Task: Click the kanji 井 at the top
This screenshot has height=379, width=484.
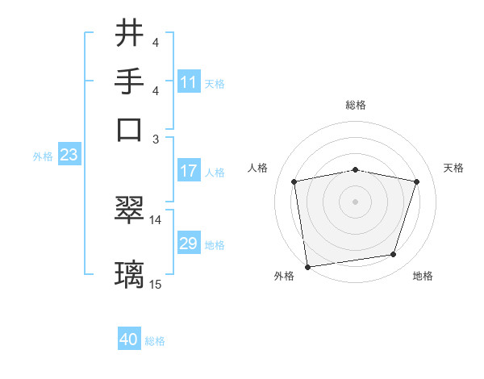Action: [130, 34]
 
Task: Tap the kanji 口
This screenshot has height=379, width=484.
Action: [130, 129]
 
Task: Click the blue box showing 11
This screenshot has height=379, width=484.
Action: [189, 82]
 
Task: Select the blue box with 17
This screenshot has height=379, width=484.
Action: [189, 171]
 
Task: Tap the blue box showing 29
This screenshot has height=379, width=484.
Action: [189, 244]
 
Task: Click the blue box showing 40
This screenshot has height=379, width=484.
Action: [129, 339]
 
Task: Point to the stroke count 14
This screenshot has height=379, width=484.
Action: [156, 219]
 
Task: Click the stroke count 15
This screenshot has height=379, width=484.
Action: [156, 284]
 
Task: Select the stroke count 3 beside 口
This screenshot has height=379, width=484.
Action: [156, 139]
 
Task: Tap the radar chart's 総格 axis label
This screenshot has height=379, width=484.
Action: [356, 105]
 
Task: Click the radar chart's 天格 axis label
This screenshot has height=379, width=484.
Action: [453, 168]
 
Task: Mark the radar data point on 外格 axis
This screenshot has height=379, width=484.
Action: [307, 266]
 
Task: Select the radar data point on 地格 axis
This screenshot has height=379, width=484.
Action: [394, 255]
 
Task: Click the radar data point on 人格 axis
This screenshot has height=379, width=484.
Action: [294, 181]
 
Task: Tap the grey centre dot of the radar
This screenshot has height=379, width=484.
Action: [356, 201]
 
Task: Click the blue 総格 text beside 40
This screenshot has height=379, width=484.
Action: [155, 341]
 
